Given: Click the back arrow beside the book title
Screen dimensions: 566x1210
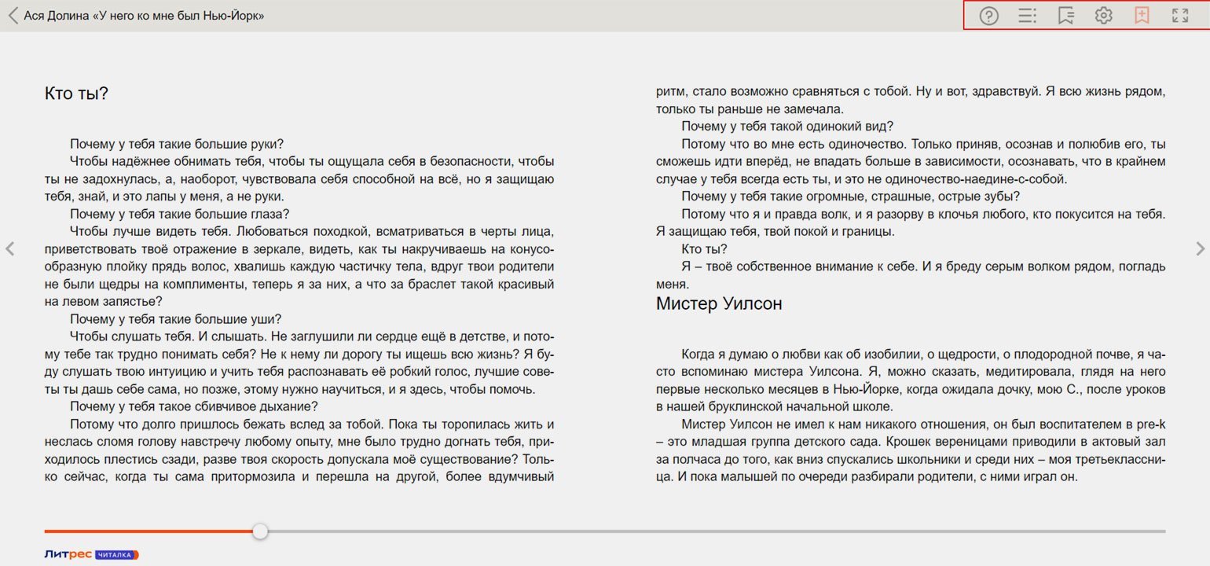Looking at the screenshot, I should point(13,15).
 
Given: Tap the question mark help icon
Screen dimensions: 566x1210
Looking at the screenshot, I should point(988,16).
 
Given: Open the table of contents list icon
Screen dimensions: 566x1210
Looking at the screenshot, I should point(1027,16).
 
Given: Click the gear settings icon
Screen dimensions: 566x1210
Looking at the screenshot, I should point(1104,16).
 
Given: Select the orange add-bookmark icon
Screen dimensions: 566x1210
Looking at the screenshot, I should point(1142,16).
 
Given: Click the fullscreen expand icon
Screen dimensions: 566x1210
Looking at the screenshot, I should point(1179,16).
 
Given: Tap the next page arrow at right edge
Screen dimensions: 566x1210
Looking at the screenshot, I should point(1199,249).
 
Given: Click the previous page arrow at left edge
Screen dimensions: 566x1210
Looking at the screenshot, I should point(10,249).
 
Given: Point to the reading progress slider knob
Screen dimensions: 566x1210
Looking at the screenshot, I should point(260,531).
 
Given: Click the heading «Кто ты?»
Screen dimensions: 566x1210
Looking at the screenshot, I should point(76,94).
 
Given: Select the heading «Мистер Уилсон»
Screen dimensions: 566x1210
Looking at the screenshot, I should point(719,303).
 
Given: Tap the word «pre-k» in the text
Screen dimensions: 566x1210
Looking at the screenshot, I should point(1149,424).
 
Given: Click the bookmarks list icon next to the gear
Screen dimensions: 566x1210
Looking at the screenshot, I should point(1065,16).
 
